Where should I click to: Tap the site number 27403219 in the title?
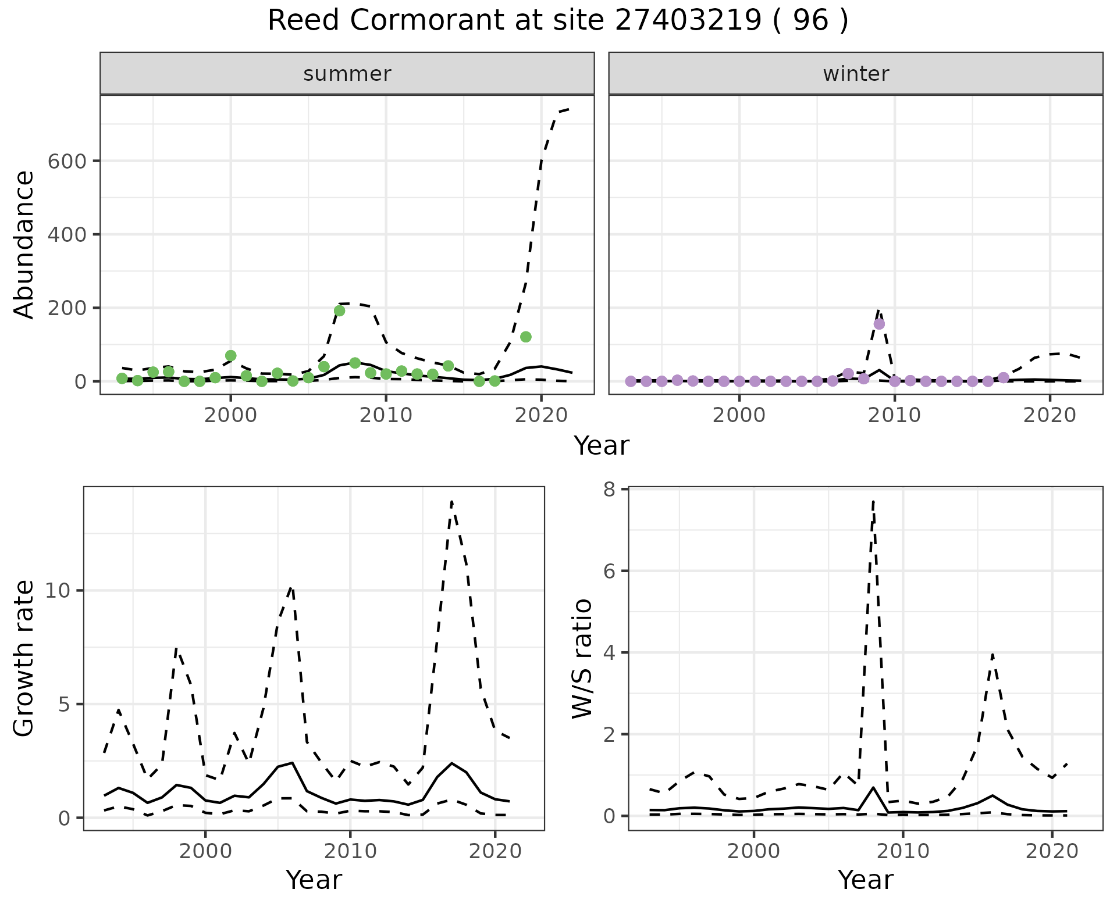pyautogui.click(x=688, y=21)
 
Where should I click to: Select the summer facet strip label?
pyautogui.click(x=347, y=74)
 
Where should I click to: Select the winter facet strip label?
pyautogui.click(x=856, y=74)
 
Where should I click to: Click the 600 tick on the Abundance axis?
pyautogui.click(x=66, y=161)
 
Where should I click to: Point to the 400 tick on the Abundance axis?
pyautogui.click(x=66, y=234)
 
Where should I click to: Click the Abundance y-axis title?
pyautogui.click(x=24, y=244)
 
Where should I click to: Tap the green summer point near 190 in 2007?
pyautogui.click(x=340, y=310)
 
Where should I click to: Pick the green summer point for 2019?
pyautogui.click(x=526, y=337)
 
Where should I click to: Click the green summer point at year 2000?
pyautogui.click(x=231, y=355)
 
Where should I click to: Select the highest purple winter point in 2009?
pyautogui.click(x=879, y=324)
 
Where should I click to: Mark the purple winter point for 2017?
pyautogui.click(x=1004, y=377)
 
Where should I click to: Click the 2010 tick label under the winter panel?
pyautogui.click(x=895, y=416)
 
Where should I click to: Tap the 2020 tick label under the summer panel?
pyautogui.click(x=541, y=416)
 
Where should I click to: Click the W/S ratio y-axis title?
pyautogui.click(x=582, y=658)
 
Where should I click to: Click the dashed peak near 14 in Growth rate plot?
pyautogui.click(x=451, y=502)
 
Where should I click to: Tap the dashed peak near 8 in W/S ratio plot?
pyautogui.click(x=873, y=501)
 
